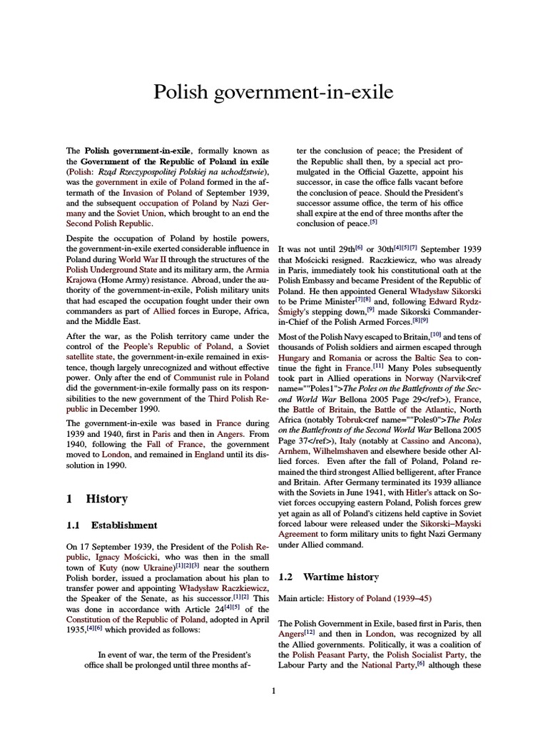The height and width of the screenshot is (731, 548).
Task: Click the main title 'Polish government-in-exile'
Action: (x=273, y=92)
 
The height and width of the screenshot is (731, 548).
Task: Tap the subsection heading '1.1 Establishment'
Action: (x=111, y=525)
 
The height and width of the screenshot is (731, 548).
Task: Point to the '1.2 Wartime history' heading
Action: (x=328, y=576)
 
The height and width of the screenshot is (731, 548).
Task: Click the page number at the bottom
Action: (x=273, y=690)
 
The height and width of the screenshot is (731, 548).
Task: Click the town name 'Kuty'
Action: (x=96, y=566)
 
